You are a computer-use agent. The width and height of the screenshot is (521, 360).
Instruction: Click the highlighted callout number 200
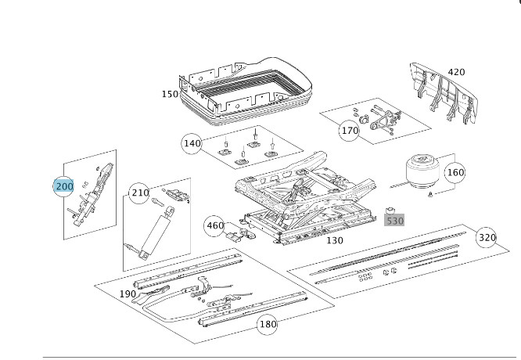click(x=63, y=185)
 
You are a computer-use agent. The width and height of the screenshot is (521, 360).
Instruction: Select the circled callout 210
click(x=139, y=193)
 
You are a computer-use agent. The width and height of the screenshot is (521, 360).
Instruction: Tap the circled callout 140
click(x=192, y=143)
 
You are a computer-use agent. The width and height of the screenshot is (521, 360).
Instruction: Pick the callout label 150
click(x=170, y=94)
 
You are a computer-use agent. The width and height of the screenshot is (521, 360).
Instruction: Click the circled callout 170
click(x=349, y=130)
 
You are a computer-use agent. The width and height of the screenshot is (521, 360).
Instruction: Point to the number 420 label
click(x=456, y=72)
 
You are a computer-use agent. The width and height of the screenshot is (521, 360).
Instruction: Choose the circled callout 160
click(x=455, y=171)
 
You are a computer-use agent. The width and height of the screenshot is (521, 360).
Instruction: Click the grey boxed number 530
click(x=395, y=221)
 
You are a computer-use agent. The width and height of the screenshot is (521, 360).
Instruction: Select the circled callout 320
click(x=487, y=237)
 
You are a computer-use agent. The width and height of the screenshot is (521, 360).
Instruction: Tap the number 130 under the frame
click(x=335, y=240)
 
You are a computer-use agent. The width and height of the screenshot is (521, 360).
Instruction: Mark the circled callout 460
click(x=214, y=225)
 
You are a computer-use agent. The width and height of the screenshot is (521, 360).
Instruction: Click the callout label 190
click(x=128, y=294)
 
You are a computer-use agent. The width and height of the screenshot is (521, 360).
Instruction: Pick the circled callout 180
click(x=268, y=324)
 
